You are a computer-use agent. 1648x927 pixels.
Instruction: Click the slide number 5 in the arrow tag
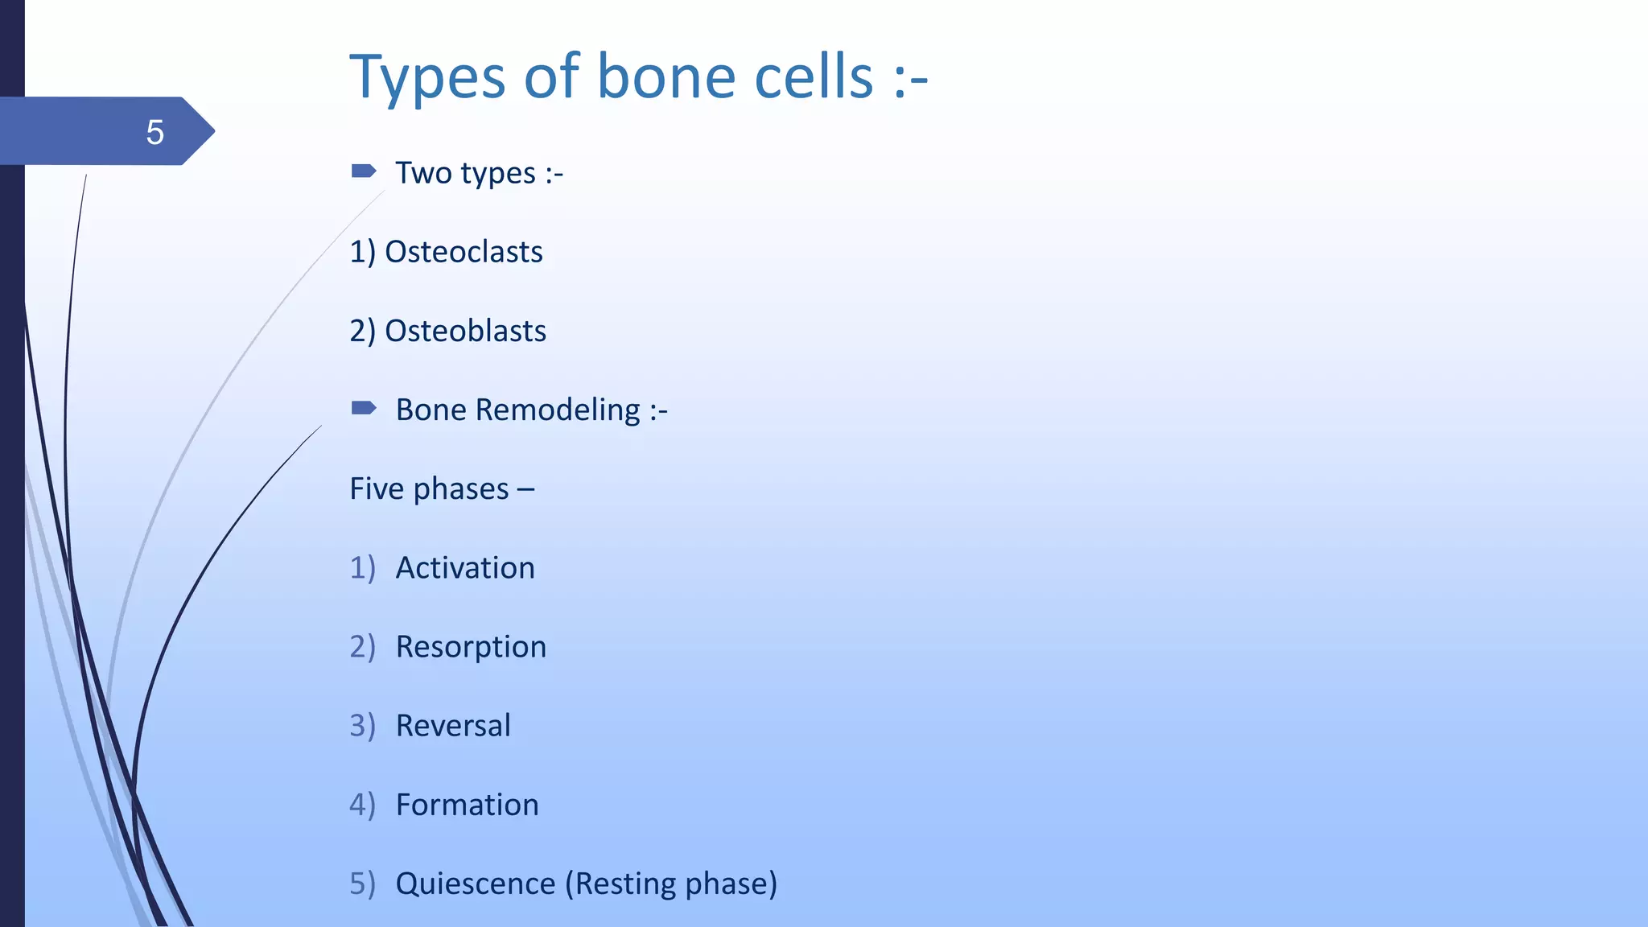pos(154,132)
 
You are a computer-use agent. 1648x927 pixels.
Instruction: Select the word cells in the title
pos(814,77)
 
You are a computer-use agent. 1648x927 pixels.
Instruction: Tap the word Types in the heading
pos(426,79)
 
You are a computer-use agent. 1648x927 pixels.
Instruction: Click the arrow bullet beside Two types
pos(364,171)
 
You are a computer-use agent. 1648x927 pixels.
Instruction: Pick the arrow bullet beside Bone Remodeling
pos(364,408)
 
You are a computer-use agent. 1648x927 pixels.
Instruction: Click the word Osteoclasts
pos(463,252)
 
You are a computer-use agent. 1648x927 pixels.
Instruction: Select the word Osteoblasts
pos(465,331)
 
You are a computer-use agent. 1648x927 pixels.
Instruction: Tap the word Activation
pos(465,568)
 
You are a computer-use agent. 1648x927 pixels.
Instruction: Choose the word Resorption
pos(471,647)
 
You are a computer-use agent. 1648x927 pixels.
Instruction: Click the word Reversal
pos(453,726)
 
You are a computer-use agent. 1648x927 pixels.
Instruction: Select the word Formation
pos(467,805)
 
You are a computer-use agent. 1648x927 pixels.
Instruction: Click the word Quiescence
pos(476,884)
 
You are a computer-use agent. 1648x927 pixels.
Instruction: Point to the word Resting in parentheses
pos(625,884)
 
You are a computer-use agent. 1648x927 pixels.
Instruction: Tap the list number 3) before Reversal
pos(362,726)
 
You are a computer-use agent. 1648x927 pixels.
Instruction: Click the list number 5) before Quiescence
pos(362,884)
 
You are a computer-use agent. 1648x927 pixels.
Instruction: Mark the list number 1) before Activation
pos(362,568)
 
